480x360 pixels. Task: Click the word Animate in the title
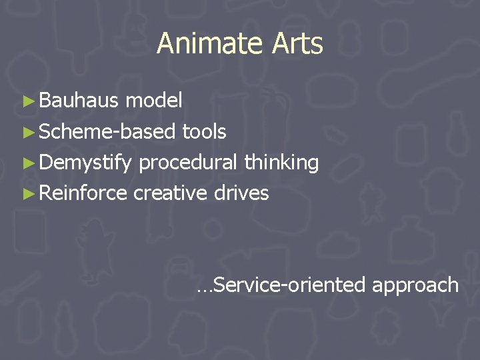tap(211, 44)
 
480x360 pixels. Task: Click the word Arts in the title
tap(297, 44)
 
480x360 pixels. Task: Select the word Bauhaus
tap(79, 101)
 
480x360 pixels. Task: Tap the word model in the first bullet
tap(154, 101)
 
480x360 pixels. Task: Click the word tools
tap(204, 131)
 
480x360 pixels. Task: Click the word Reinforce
tap(83, 193)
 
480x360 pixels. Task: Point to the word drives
tap(241, 193)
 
